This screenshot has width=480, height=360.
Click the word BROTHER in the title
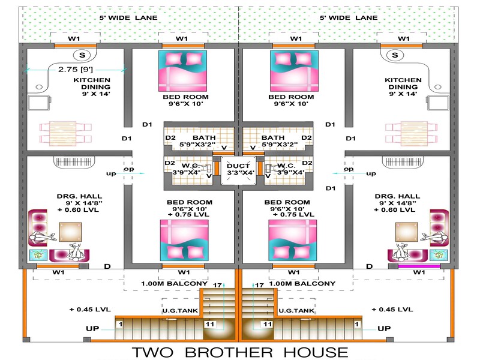click(x=229, y=352)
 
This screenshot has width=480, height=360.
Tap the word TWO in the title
click(x=152, y=352)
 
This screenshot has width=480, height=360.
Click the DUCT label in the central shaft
click(x=238, y=166)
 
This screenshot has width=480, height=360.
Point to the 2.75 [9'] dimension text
click(x=76, y=70)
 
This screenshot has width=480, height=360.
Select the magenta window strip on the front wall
click(x=419, y=266)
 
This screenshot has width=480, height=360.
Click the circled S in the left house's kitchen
click(x=82, y=55)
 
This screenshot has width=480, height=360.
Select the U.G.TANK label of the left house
click(x=180, y=311)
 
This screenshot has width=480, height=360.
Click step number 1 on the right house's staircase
click(x=356, y=324)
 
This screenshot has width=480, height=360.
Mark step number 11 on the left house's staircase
click(x=209, y=324)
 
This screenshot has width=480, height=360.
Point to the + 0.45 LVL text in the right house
click(x=392, y=310)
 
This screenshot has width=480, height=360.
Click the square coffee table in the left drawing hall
click(x=70, y=232)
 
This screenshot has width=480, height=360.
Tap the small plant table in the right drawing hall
click(x=439, y=255)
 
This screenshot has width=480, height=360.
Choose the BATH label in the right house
click(x=273, y=138)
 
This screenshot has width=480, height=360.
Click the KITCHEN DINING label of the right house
click(x=403, y=83)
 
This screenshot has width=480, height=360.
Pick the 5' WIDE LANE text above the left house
click(x=128, y=18)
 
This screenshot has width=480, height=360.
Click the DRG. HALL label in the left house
click(x=79, y=196)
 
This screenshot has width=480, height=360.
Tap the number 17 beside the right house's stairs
click(x=259, y=286)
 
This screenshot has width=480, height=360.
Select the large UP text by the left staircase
click(x=92, y=328)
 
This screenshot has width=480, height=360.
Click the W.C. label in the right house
click(x=287, y=166)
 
